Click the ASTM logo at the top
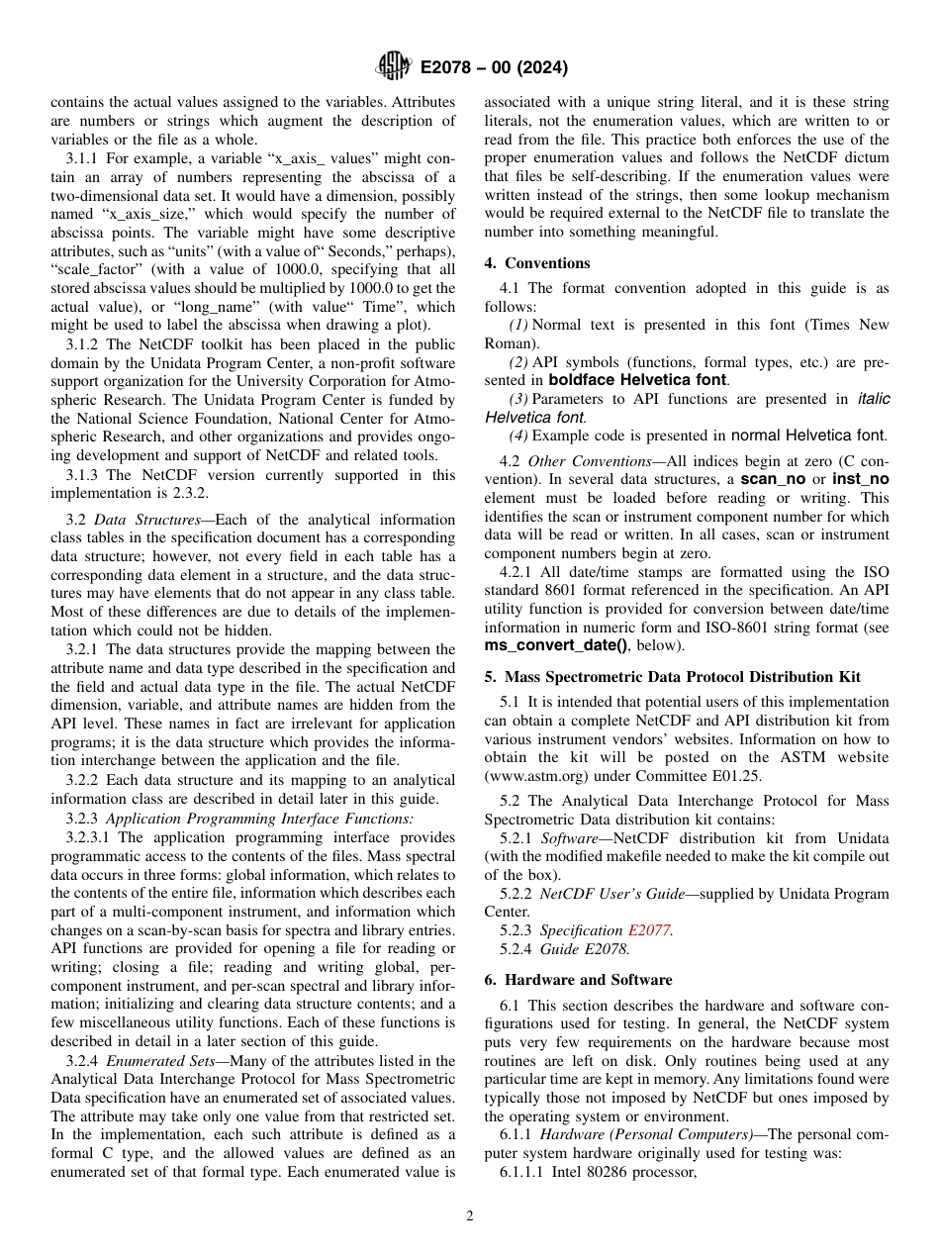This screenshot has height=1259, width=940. point(394,67)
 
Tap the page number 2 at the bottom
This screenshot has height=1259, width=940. point(470,1216)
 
